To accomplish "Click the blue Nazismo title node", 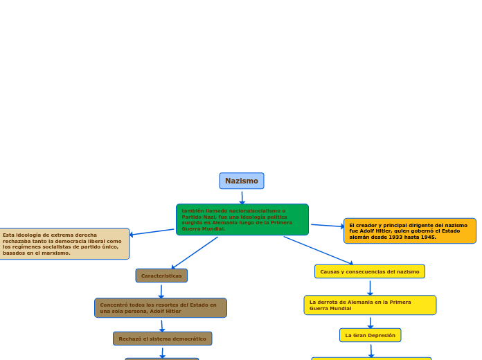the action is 242,181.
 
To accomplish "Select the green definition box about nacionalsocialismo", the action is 242,219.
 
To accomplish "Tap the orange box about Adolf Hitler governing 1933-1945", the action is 409,231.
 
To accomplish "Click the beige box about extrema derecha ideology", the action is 64,244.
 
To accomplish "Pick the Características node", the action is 161,276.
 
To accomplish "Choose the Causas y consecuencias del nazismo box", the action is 369,271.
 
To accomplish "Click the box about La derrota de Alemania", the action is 370,305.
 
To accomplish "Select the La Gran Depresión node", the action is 370,335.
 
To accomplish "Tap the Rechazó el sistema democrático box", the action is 162,339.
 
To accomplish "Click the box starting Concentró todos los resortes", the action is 161,308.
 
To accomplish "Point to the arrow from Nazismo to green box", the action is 242,197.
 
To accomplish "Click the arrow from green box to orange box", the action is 327,226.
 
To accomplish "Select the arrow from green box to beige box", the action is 152,233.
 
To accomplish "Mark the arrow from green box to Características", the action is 195,253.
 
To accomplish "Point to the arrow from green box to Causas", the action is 319,250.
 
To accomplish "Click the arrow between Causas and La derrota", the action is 370,287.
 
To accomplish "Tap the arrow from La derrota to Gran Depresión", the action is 371,322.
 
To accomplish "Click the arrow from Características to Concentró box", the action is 161,291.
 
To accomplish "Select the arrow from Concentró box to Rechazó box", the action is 162,325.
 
